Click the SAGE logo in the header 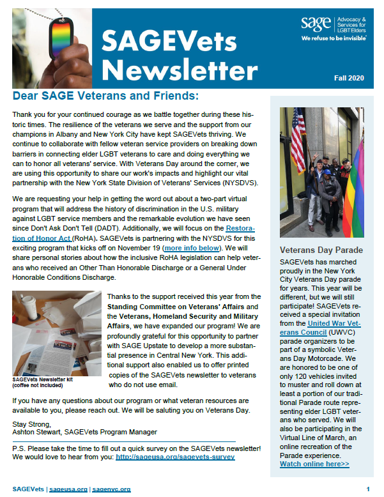coord(313,24)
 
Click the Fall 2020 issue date coord(349,78)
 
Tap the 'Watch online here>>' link coord(313,464)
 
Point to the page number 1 coord(368,489)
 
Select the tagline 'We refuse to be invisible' coord(334,38)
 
